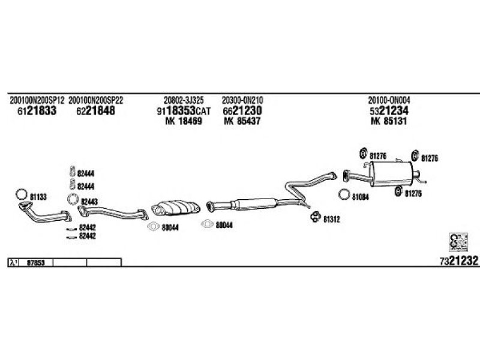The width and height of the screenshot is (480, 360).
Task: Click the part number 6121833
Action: click(x=37, y=111)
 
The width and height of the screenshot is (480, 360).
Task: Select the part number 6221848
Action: click(x=95, y=111)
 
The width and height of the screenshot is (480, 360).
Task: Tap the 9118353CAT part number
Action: click(x=184, y=111)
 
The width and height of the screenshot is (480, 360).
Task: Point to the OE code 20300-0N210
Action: click(x=242, y=100)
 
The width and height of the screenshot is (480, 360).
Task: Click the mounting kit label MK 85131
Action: click(x=389, y=121)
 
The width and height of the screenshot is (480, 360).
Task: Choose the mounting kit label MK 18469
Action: click(x=184, y=121)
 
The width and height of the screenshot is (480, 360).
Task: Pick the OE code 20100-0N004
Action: click(x=389, y=100)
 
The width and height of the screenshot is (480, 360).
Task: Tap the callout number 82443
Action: click(x=89, y=202)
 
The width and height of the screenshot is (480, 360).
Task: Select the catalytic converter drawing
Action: click(x=176, y=208)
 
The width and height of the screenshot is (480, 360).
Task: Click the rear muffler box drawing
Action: click(x=392, y=173)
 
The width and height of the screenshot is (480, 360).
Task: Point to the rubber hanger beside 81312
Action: click(x=316, y=217)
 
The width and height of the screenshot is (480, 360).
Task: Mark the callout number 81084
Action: click(x=361, y=197)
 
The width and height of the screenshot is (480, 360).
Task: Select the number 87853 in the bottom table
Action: click(x=36, y=263)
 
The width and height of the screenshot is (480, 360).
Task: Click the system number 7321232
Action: click(x=458, y=261)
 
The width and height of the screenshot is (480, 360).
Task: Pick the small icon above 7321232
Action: click(x=458, y=242)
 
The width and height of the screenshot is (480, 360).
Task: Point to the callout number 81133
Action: click(x=38, y=197)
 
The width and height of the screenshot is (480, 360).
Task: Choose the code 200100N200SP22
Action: click(x=95, y=100)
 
